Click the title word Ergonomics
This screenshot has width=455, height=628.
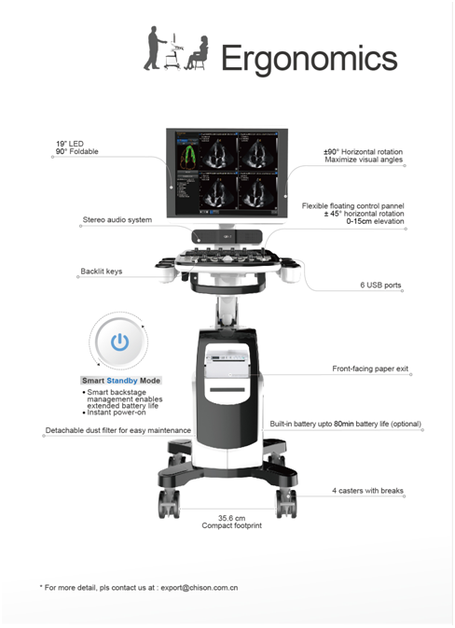309,59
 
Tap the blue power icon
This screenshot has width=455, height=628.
119,342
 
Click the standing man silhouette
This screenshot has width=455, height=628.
154,49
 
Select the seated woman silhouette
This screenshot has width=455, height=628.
198,53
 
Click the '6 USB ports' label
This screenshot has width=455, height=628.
380,286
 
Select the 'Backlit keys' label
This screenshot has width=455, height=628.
102,272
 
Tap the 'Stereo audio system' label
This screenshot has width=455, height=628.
117,219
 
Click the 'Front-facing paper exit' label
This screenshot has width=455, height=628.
370,369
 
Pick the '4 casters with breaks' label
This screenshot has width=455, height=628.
367,491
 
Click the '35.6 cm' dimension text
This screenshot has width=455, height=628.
232,518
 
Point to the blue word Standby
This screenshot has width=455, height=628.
122,381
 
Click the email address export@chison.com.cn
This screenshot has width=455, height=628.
200,588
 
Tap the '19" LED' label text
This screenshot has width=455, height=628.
70,144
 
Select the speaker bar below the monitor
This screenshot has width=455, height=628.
227,237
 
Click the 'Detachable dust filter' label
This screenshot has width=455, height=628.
118,430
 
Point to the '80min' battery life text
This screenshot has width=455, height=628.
344,424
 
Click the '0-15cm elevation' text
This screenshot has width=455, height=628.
375,221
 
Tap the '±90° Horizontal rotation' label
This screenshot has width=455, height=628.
364,152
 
